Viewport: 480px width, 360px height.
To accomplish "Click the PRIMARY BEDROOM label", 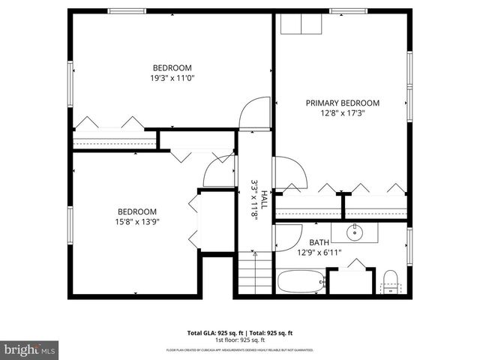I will [x=342, y=103].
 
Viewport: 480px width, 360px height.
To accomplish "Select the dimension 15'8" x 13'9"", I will [x=136, y=221].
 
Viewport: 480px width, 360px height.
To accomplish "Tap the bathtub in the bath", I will [x=301, y=283].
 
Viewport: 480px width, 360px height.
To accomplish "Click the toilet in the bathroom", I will [x=390, y=283].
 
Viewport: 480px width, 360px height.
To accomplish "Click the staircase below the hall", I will [x=256, y=274].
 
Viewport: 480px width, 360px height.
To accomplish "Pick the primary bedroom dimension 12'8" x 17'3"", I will [x=342, y=113].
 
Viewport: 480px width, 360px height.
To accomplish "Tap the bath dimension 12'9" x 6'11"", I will [x=319, y=252].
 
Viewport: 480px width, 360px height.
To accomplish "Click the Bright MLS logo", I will [x=30, y=349].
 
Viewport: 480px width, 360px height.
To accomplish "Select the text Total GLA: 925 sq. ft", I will [x=212, y=332].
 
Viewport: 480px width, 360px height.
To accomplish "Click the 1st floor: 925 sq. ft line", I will [x=239, y=339].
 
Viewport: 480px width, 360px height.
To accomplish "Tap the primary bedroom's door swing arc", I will [x=291, y=172].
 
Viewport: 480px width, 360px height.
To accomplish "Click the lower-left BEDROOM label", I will [x=136, y=211].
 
